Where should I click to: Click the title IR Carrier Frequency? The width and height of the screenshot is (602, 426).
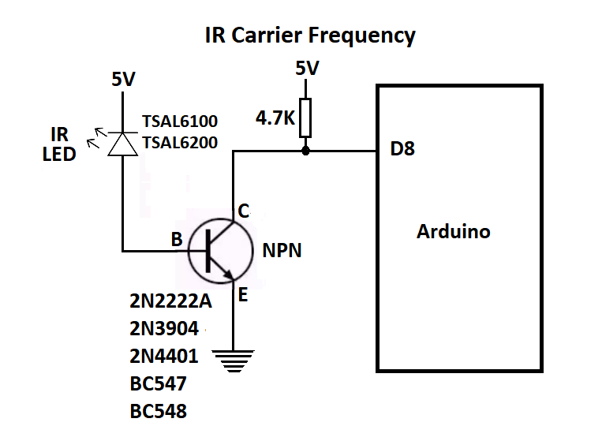[309, 35]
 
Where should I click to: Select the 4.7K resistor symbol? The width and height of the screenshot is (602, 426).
[306, 118]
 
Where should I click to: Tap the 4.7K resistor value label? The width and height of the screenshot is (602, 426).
[275, 120]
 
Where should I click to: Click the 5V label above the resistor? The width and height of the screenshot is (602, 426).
[307, 69]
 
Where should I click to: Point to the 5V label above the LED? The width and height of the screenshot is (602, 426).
[122, 79]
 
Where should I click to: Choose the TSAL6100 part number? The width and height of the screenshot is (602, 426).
[180, 122]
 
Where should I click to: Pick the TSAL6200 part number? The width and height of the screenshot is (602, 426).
[180, 143]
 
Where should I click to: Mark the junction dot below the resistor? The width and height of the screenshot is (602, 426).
[306, 150]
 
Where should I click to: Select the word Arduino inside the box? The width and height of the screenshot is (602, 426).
[453, 232]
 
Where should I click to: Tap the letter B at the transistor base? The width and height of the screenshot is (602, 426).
[178, 239]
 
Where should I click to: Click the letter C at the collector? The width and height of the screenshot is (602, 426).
[244, 211]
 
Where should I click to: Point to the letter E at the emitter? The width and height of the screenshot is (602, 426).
[243, 295]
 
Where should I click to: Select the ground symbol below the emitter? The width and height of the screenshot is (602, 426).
[234, 362]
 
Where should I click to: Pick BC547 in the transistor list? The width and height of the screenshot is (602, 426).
[159, 384]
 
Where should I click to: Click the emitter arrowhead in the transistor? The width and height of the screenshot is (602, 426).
[230, 275]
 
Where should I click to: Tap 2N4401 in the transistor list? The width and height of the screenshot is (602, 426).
[163, 357]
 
